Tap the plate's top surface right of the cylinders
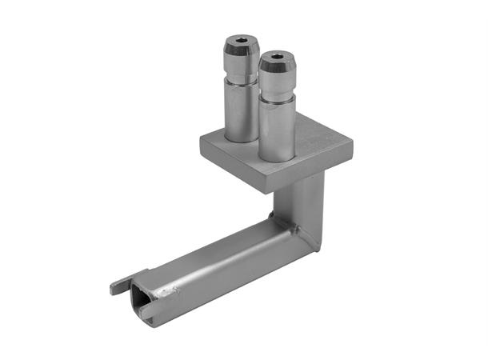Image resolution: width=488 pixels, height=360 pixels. [320, 140]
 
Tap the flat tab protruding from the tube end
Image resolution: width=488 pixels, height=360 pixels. [119, 284]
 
